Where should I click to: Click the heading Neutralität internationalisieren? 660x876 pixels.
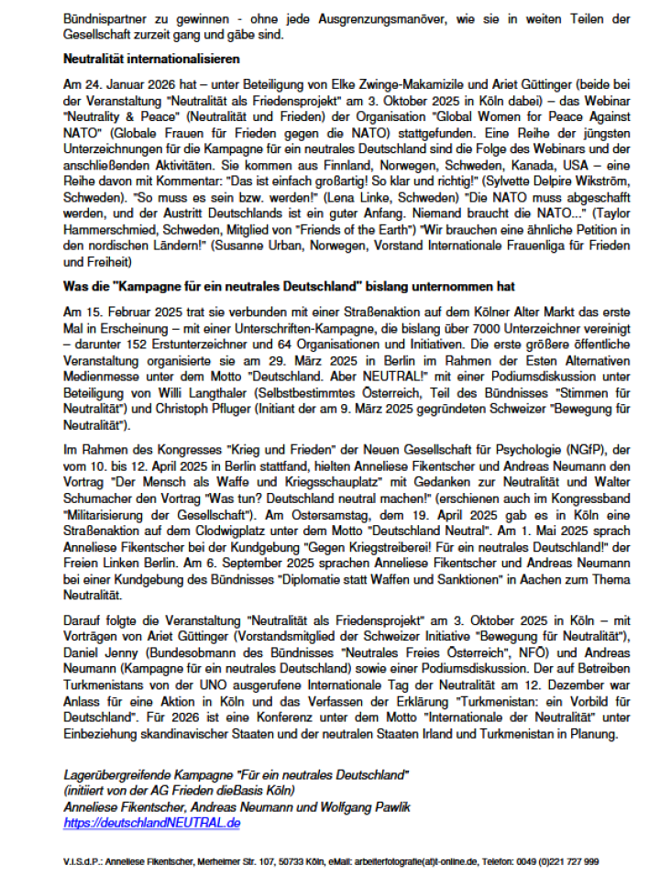click(151, 59)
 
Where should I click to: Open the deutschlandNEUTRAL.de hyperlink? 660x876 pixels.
click(152, 823)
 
